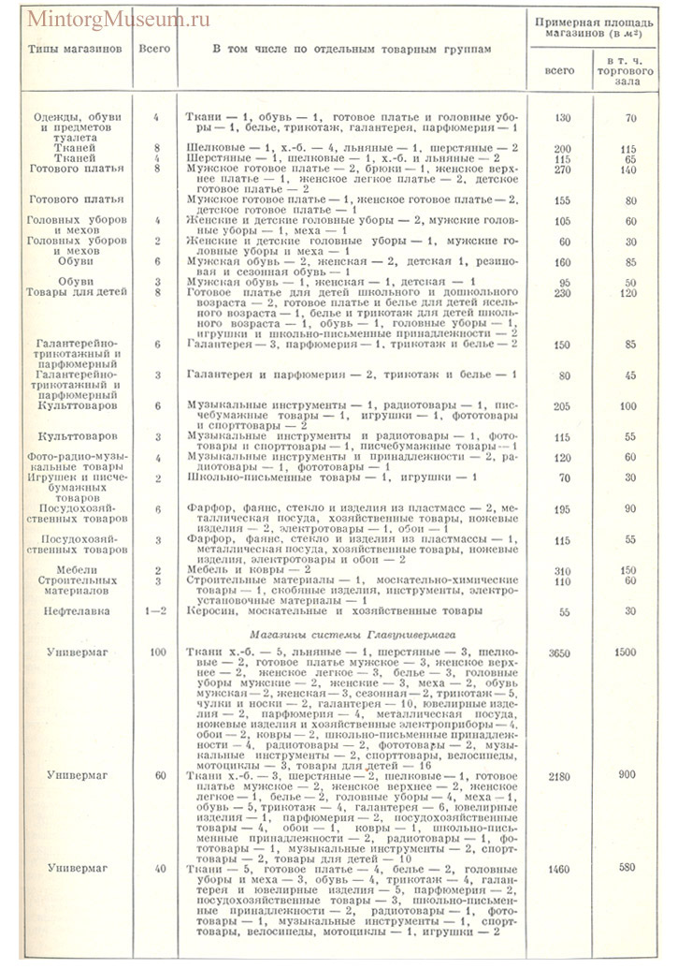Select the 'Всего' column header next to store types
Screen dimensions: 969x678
154,47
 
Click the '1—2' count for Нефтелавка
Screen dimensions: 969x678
157,610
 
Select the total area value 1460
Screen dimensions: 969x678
557,868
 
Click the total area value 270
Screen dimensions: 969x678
560,170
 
